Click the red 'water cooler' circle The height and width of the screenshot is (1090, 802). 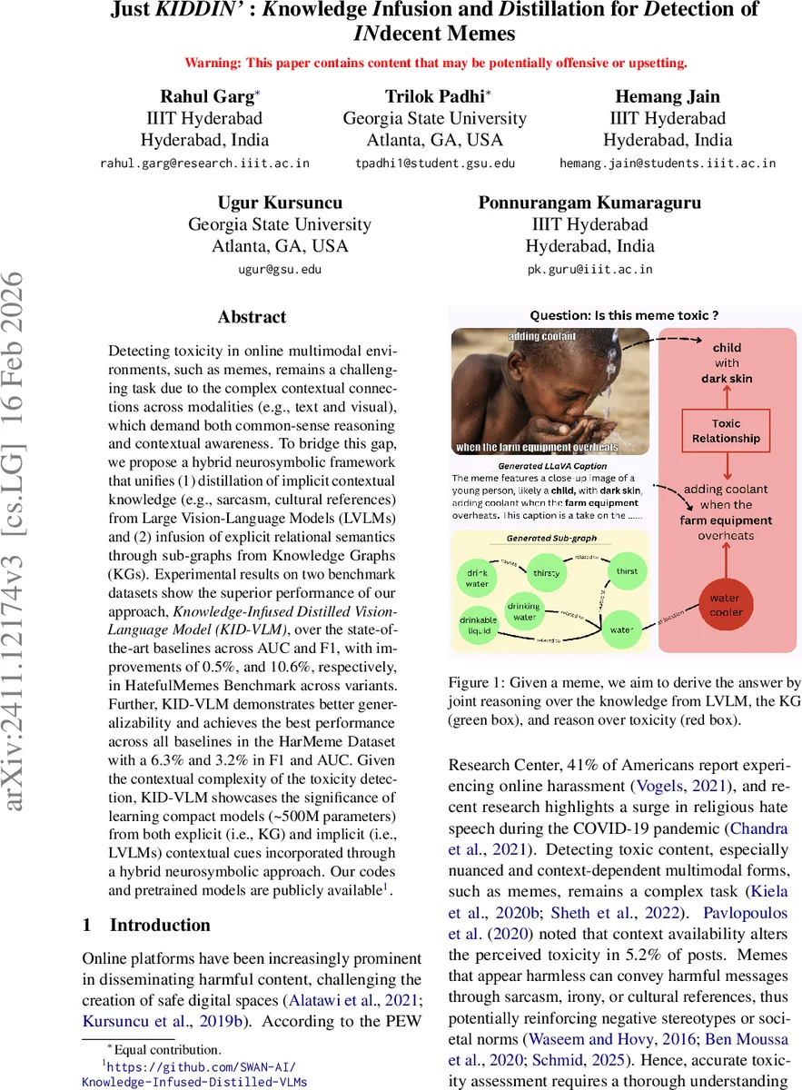click(724, 605)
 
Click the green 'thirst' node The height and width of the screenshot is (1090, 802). click(626, 571)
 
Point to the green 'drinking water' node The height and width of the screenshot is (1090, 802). click(523, 611)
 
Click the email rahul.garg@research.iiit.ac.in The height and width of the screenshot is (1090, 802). click(204, 163)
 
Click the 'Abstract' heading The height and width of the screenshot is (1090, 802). click(252, 317)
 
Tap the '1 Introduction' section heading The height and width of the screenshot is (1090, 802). click(146, 925)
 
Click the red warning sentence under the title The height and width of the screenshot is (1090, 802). click(435, 64)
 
